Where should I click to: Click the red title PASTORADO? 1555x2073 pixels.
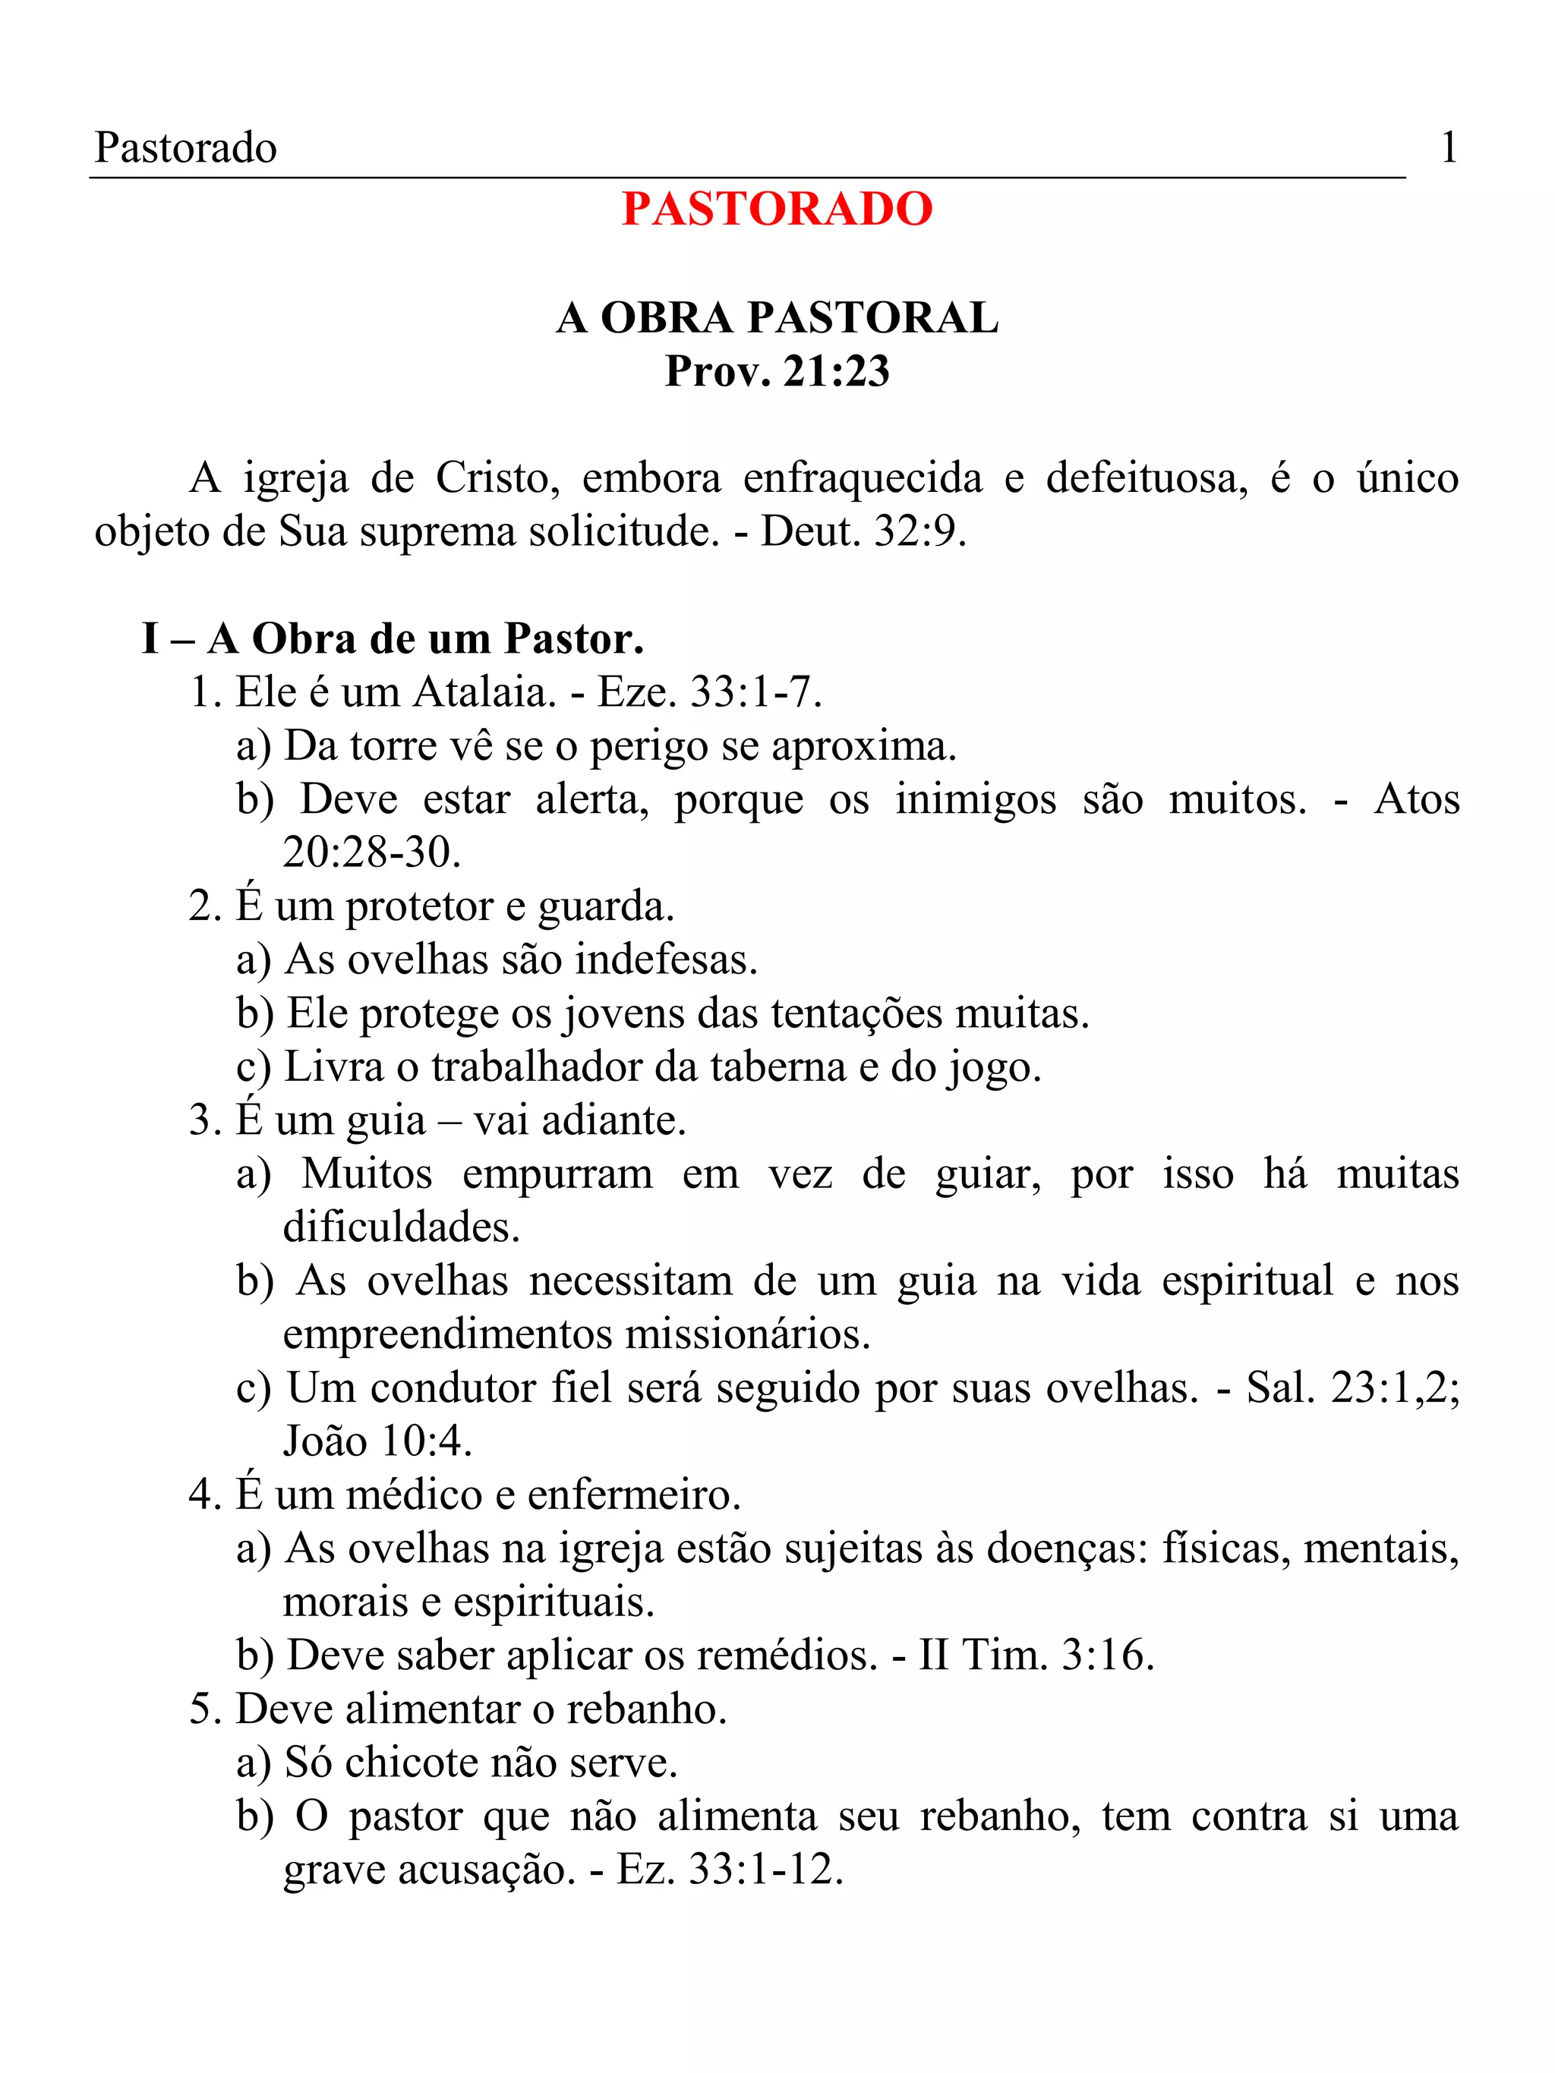pyautogui.click(x=777, y=209)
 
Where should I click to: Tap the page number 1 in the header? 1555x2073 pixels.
pyautogui.click(x=1448, y=148)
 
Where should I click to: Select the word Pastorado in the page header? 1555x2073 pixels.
pyautogui.click(x=185, y=148)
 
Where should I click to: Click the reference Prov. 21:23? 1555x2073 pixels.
pyautogui.click(x=777, y=371)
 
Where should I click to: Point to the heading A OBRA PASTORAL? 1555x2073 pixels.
pyautogui.click(x=777, y=318)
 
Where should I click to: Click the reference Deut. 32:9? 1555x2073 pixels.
pyautogui.click(x=863, y=532)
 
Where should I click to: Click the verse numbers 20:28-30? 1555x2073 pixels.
pyautogui.click(x=371, y=853)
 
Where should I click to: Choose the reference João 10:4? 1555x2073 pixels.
pyautogui.click(x=377, y=1441)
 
